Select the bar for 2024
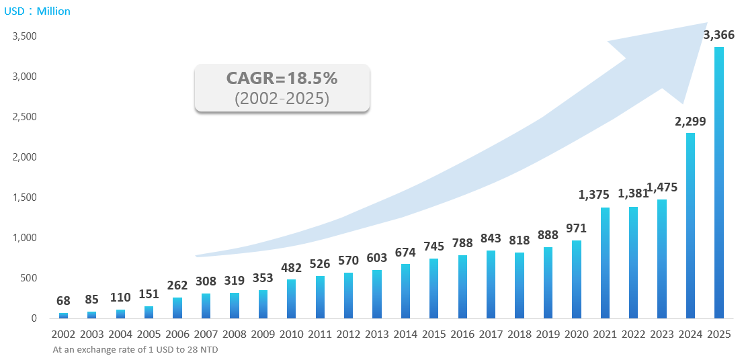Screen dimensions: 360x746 click(690, 226)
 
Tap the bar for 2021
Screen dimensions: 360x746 click(605, 263)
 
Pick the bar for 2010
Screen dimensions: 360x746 click(291, 299)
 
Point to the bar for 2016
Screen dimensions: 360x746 click(462, 287)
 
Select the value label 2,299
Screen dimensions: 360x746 click(690, 122)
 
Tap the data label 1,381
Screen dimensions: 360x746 click(633, 194)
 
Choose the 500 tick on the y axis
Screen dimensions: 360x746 click(28, 278)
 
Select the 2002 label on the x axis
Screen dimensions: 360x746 click(63, 334)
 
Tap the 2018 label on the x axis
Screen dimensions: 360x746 click(520, 334)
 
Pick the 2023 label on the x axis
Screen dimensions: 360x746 click(662, 334)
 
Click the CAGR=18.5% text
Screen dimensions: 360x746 click(282, 79)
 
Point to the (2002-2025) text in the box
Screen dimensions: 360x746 click(282, 98)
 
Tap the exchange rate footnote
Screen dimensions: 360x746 click(135, 349)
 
